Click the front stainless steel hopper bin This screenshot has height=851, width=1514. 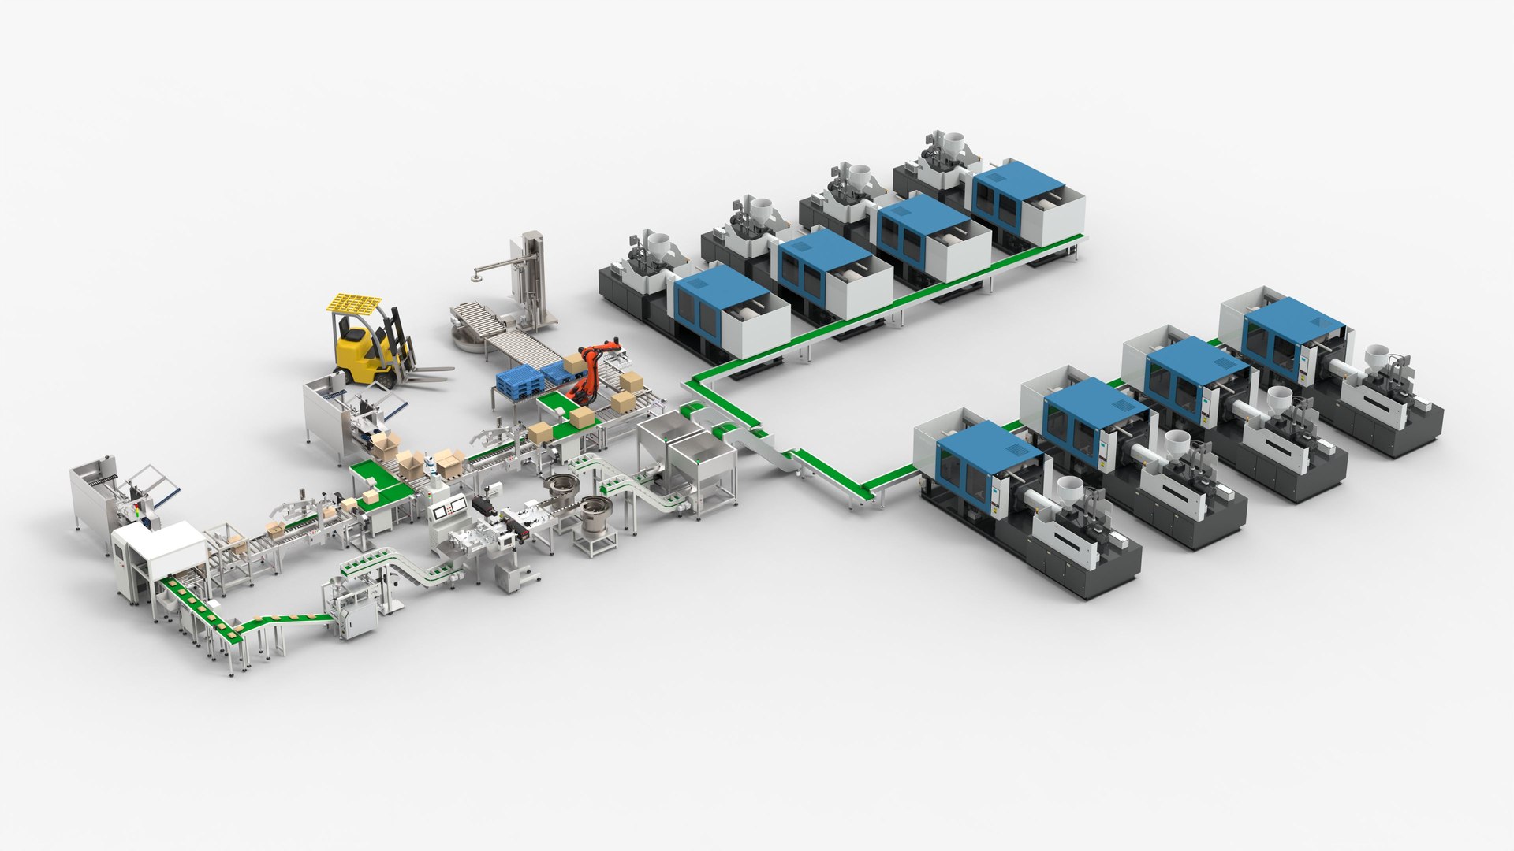point(702,457)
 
